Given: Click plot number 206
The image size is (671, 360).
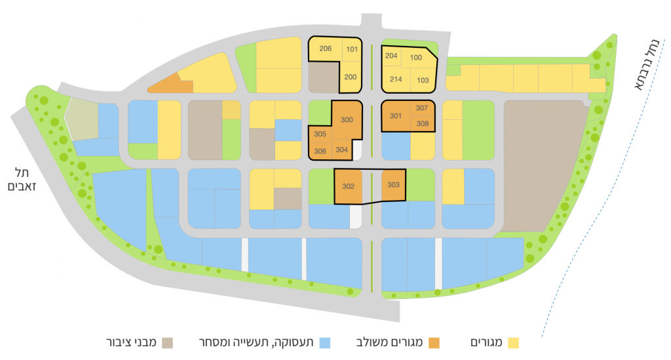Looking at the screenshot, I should coord(325,49).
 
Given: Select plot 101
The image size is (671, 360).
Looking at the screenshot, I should coord(352,49).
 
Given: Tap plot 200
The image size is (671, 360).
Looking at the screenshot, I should coord(351,77).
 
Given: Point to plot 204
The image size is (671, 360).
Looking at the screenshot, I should coord(391,56).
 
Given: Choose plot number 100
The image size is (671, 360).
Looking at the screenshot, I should coord(416,58).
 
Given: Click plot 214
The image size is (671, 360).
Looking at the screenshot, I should coord(396,79).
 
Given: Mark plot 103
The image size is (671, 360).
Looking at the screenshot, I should coord(423,80).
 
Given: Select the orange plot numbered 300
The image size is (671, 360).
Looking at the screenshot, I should coord(347,119).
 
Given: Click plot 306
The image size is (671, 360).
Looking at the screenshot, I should coord(320,150).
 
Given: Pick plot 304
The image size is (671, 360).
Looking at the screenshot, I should coord(341,150).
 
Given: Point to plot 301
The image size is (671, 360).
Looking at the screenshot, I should coord(395,116).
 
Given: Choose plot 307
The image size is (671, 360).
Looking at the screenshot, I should coord(421,108).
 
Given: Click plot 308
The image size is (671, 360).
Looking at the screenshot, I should coord(421,123).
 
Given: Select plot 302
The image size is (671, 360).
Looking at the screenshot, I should coord(348,186).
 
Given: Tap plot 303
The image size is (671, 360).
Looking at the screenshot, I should coord(393,185).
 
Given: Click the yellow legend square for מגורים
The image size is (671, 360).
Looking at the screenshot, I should coord(514,342).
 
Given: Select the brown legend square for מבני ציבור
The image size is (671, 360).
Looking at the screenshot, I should coord(168,342).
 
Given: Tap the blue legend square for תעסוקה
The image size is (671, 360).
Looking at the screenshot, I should coord(326,342).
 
